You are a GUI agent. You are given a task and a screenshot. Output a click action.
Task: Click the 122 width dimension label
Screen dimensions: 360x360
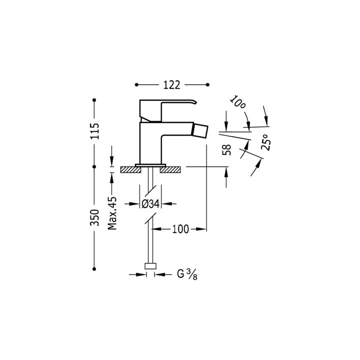(x=171, y=85)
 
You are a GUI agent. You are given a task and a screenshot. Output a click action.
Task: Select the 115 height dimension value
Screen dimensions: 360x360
(x=94, y=131)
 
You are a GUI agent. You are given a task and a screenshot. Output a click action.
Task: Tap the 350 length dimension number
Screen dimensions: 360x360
(x=94, y=217)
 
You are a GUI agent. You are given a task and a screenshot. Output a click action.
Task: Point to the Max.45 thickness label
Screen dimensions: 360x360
(x=112, y=213)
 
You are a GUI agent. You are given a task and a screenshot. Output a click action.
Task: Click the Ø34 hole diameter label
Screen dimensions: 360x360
(x=150, y=204)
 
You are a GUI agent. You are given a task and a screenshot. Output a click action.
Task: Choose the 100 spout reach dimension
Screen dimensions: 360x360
(x=180, y=229)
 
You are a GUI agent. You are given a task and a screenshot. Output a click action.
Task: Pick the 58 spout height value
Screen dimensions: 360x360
(x=226, y=149)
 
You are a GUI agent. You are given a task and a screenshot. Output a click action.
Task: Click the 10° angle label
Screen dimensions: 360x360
(x=238, y=102)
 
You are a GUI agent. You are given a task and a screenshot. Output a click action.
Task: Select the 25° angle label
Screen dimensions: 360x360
(x=266, y=142)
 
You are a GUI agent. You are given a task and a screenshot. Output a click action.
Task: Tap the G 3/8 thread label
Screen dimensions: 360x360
(x=187, y=274)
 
